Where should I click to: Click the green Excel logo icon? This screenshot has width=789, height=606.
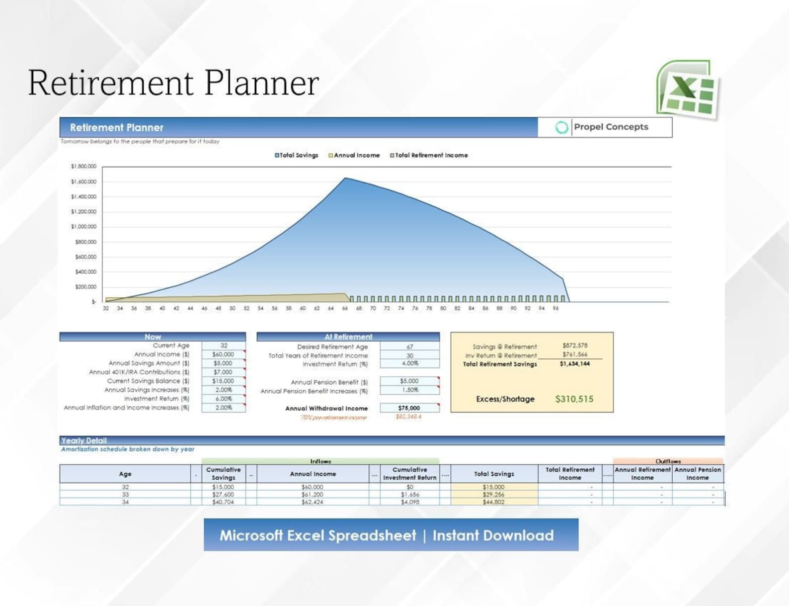(x=688, y=89)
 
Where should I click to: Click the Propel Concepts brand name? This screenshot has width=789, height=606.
(x=611, y=127)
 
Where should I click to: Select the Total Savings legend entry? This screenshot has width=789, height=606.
(x=297, y=155)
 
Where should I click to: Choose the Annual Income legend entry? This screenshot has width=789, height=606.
(x=355, y=155)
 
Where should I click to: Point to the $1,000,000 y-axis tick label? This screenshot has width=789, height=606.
(x=83, y=227)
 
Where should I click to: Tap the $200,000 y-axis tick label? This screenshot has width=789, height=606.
(x=85, y=287)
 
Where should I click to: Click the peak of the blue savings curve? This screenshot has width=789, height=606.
(x=345, y=178)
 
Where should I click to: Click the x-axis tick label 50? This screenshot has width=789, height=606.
(x=232, y=308)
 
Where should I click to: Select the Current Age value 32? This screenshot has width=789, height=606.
(x=224, y=346)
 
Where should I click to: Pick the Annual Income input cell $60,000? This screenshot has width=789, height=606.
(x=223, y=354)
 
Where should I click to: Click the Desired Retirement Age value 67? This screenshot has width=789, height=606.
(x=409, y=347)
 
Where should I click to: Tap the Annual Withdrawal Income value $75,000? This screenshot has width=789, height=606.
(x=409, y=408)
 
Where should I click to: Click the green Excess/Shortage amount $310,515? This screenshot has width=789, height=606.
(x=574, y=399)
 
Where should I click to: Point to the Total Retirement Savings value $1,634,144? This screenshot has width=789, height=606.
(x=574, y=364)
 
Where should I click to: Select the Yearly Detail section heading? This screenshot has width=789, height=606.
(x=83, y=440)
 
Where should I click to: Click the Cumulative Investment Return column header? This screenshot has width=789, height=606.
(x=409, y=473)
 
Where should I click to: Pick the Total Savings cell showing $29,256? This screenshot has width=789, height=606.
(x=493, y=495)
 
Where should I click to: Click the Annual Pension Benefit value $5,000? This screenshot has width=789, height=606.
(x=409, y=381)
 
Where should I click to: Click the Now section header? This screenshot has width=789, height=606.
(x=153, y=337)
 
